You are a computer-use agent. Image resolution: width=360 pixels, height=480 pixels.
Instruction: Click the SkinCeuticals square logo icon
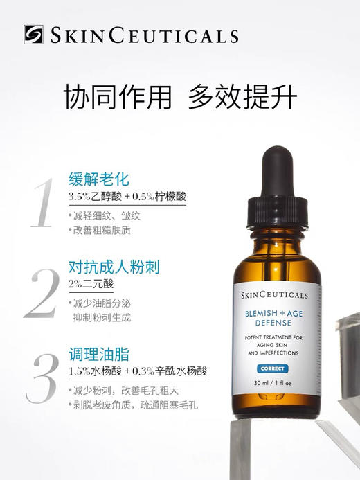click(33, 34)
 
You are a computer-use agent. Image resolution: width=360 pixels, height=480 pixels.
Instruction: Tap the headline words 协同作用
click(116, 98)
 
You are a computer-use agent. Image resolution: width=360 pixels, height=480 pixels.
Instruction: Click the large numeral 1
click(42, 203)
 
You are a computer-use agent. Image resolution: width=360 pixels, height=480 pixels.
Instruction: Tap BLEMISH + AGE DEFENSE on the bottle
click(276, 317)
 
